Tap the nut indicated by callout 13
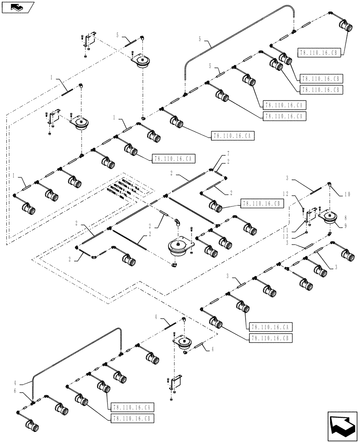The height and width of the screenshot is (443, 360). point(305,234)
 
